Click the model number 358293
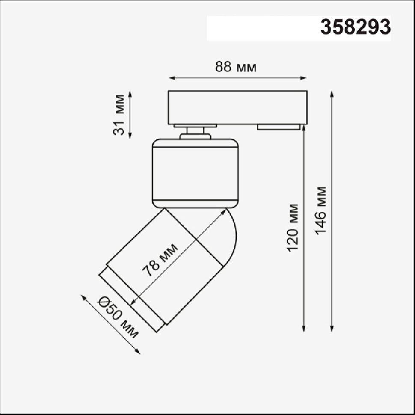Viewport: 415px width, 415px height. click(356, 27)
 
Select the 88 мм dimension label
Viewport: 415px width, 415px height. click(236, 67)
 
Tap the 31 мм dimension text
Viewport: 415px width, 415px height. click(119, 115)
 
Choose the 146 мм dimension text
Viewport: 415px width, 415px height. click(321, 210)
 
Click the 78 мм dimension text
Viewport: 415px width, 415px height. click(160, 260)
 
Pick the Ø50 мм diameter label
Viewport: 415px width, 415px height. click(118, 317)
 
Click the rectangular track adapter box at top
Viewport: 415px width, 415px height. click(238, 108)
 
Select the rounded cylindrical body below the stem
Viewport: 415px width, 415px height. click(196, 173)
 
